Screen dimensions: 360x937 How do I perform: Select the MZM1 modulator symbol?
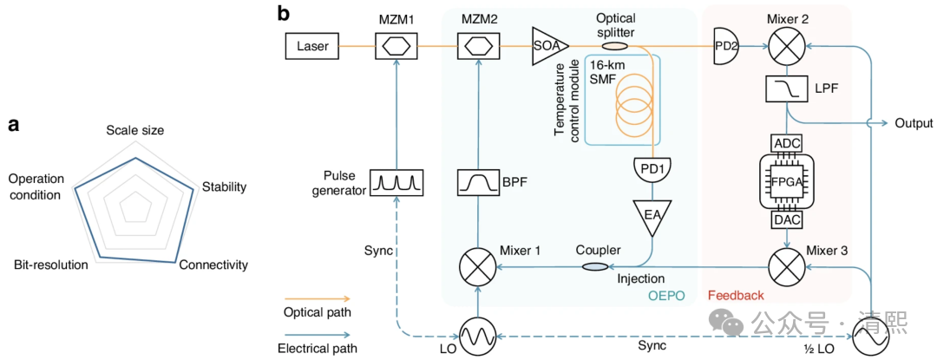[395, 46]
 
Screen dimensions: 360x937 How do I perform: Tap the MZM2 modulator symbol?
[475, 46]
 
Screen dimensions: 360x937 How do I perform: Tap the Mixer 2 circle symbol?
[786, 45]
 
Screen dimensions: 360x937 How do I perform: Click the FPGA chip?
[786, 181]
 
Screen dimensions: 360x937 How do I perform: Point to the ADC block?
[786, 141]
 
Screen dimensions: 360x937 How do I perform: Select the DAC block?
[786, 222]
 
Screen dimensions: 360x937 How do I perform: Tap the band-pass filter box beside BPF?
[475, 181]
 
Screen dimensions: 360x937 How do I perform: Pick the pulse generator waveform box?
[395, 181]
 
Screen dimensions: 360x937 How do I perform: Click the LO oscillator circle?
[475, 335]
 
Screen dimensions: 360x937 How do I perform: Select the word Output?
[914, 123]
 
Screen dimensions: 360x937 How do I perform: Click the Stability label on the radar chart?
[224, 187]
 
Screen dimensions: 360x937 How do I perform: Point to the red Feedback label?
[737, 296]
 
